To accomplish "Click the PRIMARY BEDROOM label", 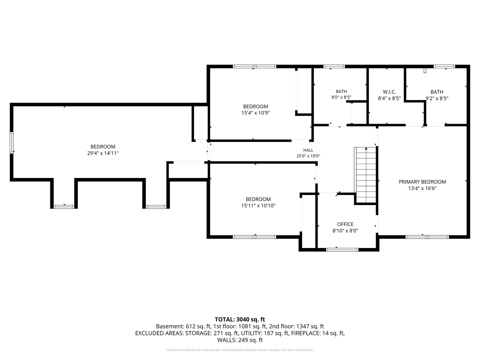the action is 422,182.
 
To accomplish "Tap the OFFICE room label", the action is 345,224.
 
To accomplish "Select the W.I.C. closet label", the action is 389,92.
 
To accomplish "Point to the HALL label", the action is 308,150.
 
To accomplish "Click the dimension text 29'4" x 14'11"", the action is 103,153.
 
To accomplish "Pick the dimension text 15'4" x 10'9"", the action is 255,113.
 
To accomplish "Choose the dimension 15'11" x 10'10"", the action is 258,206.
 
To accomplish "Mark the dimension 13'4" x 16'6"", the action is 422,188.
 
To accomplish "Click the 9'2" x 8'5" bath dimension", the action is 437,99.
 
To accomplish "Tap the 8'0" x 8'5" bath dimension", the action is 341,97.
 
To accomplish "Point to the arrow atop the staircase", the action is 366,149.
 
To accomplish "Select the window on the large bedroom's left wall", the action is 12,143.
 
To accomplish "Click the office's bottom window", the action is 342,250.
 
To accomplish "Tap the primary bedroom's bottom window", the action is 427,237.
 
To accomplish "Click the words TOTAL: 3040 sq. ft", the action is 240,320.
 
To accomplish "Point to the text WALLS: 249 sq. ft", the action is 240,340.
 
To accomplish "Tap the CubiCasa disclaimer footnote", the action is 240,350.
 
